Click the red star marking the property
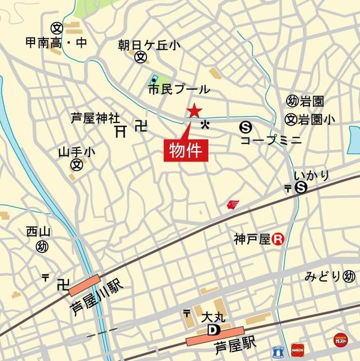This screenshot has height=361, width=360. pos(194,111)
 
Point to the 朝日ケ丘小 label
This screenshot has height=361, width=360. pos(142,45)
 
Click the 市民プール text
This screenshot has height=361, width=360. pos(179,89)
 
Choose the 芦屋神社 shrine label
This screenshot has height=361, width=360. pos(95,119)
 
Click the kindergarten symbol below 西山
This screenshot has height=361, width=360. pos(42,246)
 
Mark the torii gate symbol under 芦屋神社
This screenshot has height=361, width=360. pos(120,132)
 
